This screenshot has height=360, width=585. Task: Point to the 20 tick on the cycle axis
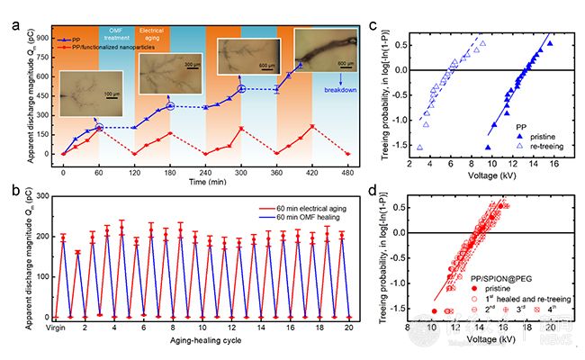point(348,329)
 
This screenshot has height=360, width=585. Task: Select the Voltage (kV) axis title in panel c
point(481,177)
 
